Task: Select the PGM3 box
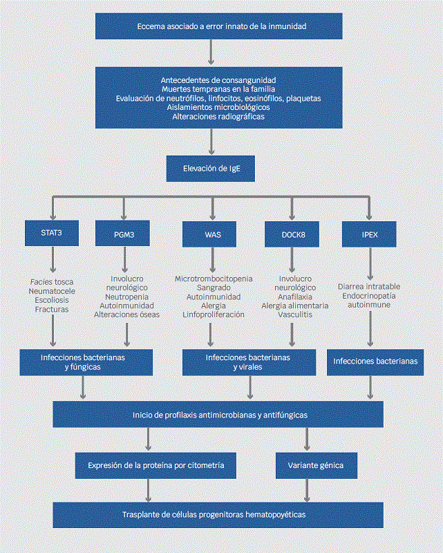[x=124, y=234]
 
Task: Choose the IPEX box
[x=370, y=234]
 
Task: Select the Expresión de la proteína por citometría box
[x=155, y=465]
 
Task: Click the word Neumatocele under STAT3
[x=52, y=292]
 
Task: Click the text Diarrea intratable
[x=369, y=286]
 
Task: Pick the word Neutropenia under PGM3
[x=126, y=296]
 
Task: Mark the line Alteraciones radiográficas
[x=218, y=116]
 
